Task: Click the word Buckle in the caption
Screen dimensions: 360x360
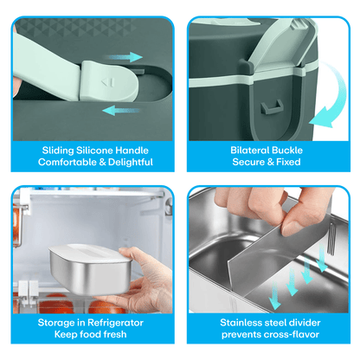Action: pos(287,150)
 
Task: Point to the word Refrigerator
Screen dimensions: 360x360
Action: pos(115,323)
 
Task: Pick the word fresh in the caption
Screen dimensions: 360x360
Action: pos(115,334)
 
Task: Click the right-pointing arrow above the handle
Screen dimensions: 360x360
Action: pos(124,57)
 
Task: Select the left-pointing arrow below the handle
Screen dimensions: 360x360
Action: pos(121,111)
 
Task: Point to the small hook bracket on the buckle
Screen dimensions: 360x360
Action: pos(272,107)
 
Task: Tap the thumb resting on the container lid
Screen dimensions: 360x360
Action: pos(125,253)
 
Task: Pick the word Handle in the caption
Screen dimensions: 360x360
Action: pos(132,151)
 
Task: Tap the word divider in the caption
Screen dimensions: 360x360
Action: pos(302,323)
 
